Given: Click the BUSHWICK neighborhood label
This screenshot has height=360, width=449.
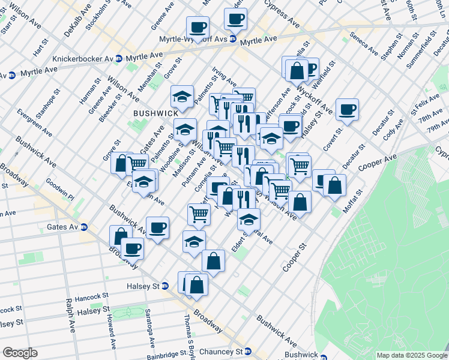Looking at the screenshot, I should coord(155,113).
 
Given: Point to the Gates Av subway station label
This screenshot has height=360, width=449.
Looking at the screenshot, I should coord(62,227).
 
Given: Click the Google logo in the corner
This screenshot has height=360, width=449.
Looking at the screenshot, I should coord(20,352).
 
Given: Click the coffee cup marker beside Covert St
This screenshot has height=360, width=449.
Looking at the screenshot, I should coord(347,109).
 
